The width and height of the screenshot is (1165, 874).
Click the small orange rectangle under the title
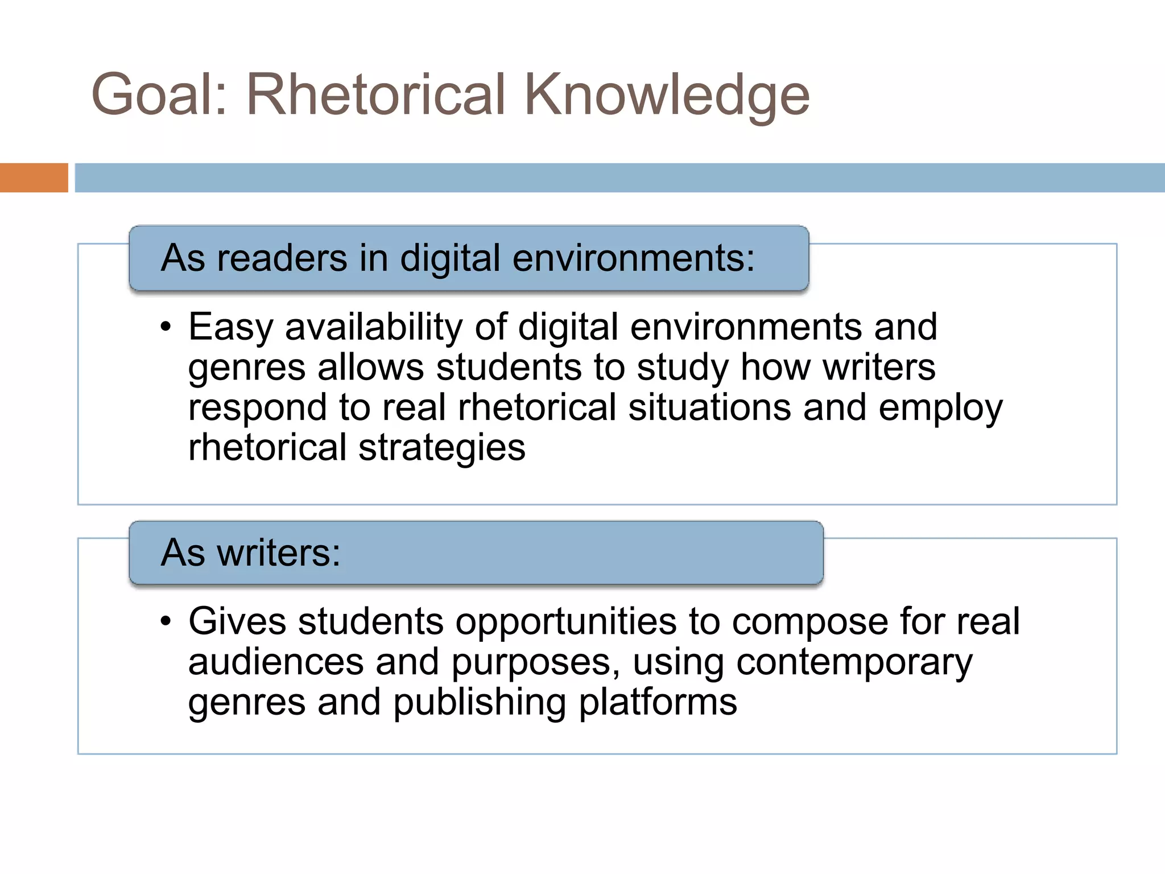click(34, 178)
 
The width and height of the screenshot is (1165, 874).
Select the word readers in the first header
click(282, 258)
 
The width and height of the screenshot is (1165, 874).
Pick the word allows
click(370, 367)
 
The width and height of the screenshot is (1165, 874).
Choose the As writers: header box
click(476, 553)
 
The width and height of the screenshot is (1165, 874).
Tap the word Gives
click(237, 621)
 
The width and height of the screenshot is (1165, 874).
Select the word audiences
click(276, 662)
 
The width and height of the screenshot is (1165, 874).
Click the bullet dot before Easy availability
click(166, 328)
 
